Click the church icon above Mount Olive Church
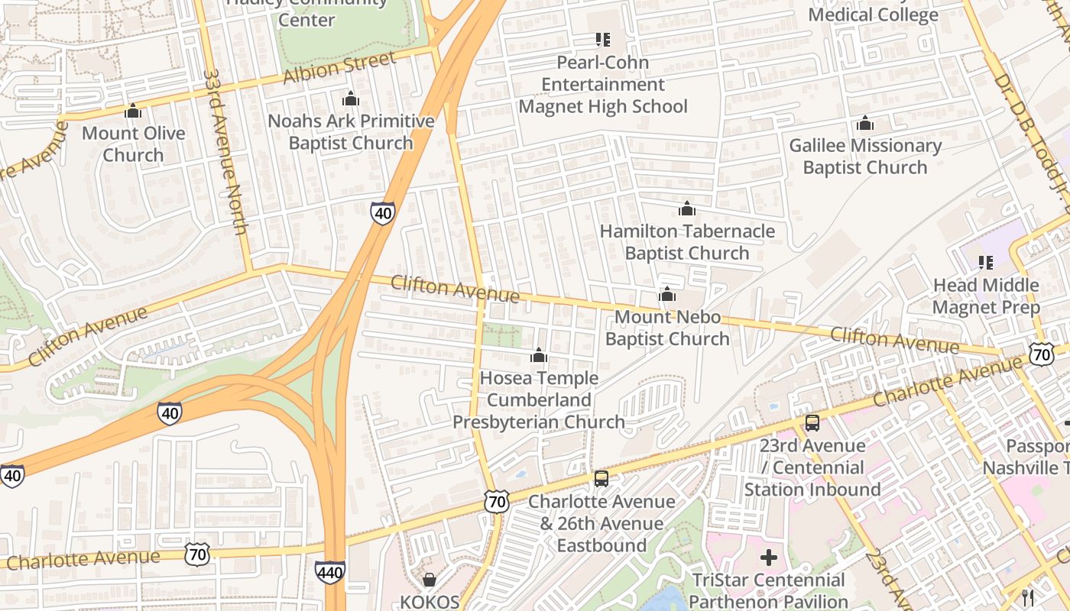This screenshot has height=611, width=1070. click(x=133, y=112)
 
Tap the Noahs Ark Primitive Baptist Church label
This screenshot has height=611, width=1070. click(x=351, y=132)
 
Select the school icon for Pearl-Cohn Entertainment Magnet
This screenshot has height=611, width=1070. click(x=602, y=39)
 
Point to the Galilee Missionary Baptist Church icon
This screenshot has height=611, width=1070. click(x=865, y=123)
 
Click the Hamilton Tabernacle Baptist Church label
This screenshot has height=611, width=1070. click(x=686, y=241)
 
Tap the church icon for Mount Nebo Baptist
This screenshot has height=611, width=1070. click(x=667, y=295)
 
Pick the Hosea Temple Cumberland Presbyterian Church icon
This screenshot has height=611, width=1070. click(x=539, y=356)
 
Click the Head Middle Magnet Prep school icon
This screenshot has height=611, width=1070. click(x=986, y=263)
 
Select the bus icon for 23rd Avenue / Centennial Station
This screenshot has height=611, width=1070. click(x=812, y=423)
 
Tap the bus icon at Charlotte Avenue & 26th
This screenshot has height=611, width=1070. click(x=601, y=479)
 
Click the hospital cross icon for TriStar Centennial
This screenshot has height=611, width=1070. click(x=768, y=558)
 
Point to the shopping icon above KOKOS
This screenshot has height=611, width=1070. click(x=430, y=580)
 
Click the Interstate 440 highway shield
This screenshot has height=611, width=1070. click(x=330, y=572)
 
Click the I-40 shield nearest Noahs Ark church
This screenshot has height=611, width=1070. click(x=383, y=212)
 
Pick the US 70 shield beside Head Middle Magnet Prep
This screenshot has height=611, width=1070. click(x=1041, y=354)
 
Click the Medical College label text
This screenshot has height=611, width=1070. click(x=873, y=15)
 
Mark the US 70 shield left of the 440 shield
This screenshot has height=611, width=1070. click(x=197, y=554)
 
